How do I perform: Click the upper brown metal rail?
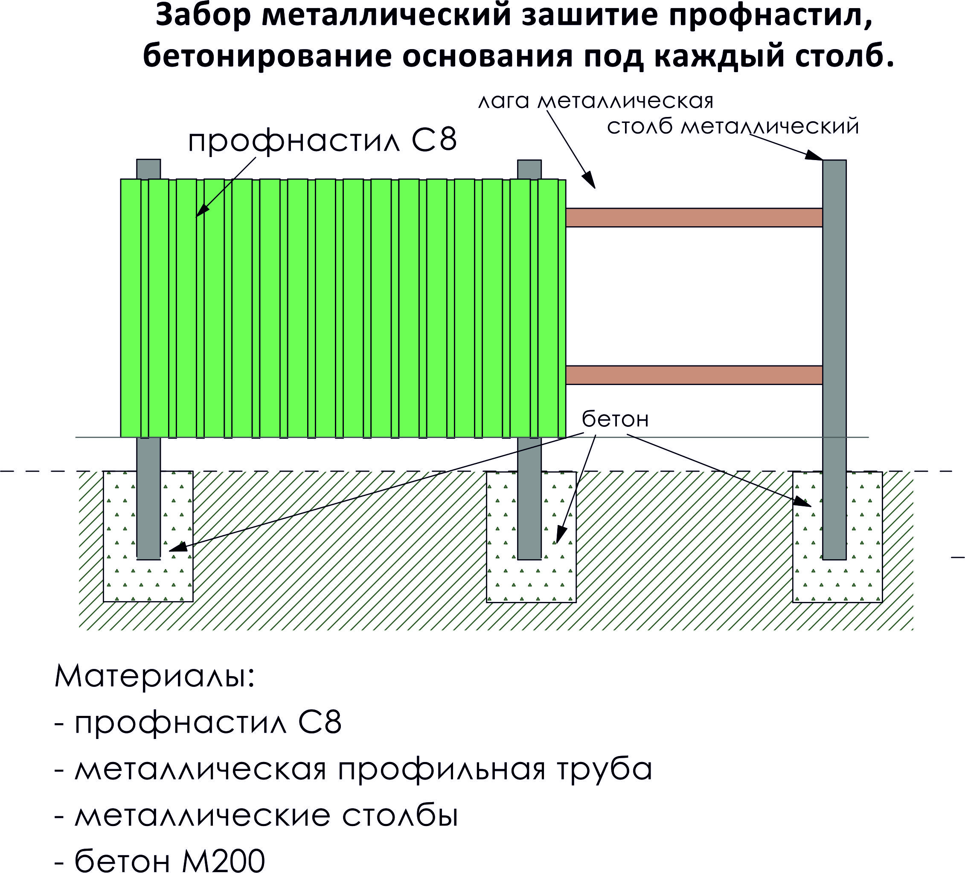click(694, 217)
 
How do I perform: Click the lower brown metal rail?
click(694, 375)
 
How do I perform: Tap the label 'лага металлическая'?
click(596, 102)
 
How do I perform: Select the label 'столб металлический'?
click(733, 126)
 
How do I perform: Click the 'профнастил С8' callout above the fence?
click(323, 141)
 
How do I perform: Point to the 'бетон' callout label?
click(615, 420)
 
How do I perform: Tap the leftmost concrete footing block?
click(148, 536)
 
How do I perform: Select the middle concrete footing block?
click(531, 536)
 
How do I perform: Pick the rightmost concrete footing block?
click(837, 536)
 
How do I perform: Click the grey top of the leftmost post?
click(148, 169)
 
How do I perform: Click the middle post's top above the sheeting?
click(529, 169)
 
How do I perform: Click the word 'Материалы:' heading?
click(154, 677)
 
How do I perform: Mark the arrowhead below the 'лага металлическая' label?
click(590, 180)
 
